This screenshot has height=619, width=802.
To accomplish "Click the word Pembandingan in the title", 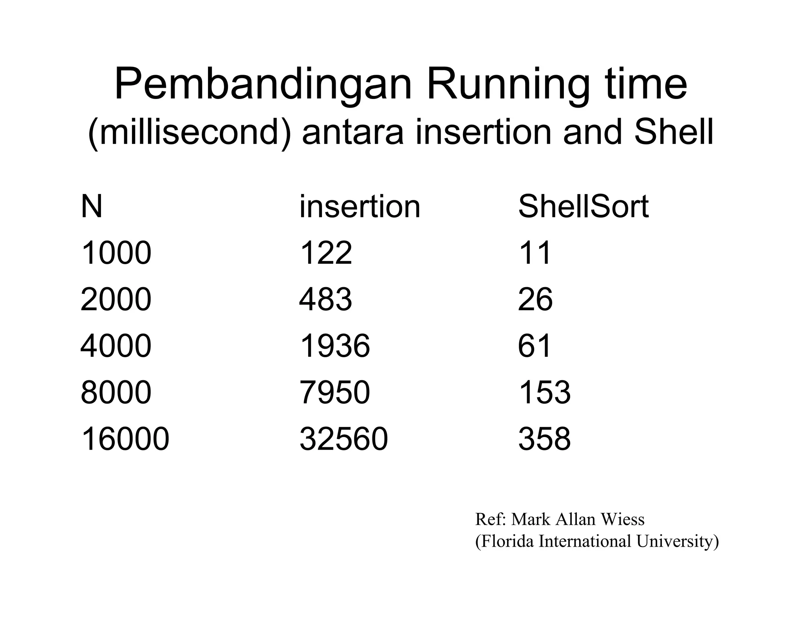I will [x=263, y=85].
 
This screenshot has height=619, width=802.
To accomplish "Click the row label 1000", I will [x=116, y=253].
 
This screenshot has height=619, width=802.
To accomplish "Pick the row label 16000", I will [x=125, y=439].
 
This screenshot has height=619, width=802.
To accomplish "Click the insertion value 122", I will [x=325, y=253].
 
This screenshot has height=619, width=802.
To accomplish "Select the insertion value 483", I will [x=325, y=300].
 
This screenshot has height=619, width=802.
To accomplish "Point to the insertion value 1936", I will [x=334, y=346].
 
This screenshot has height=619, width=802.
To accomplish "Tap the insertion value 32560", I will [x=343, y=439].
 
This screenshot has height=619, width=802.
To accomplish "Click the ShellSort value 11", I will [x=535, y=253].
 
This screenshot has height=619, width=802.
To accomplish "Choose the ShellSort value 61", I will [x=535, y=346].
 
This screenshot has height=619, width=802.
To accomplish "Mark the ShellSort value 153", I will [x=544, y=393].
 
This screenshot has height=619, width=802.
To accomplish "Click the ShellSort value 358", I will [x=544, y=439].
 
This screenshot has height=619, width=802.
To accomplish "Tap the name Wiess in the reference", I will [x=623, y=520].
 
